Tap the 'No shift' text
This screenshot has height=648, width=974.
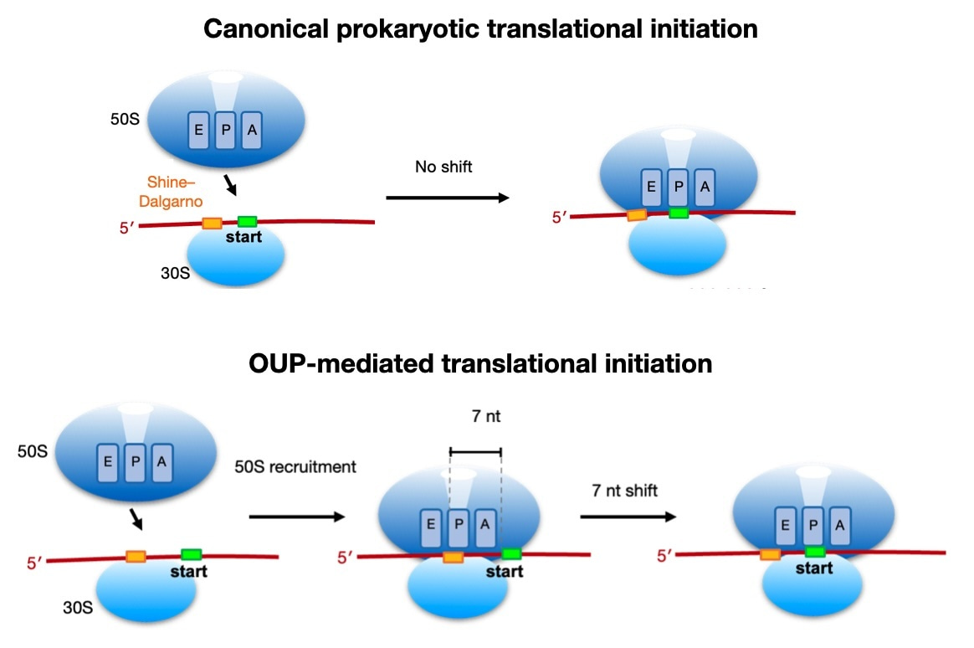[443, 167]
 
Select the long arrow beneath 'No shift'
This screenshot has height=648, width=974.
[447, 198]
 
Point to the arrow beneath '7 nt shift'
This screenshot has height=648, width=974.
[628, 517]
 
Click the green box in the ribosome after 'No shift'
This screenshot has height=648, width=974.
[679, 213]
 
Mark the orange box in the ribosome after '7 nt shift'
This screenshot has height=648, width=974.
[770, 554]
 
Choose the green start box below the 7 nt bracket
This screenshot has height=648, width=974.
[511, 554]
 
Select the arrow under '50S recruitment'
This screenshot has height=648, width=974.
[297, 517]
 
